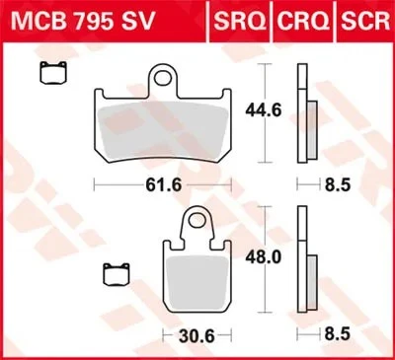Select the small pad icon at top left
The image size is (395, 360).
point(47,71)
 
